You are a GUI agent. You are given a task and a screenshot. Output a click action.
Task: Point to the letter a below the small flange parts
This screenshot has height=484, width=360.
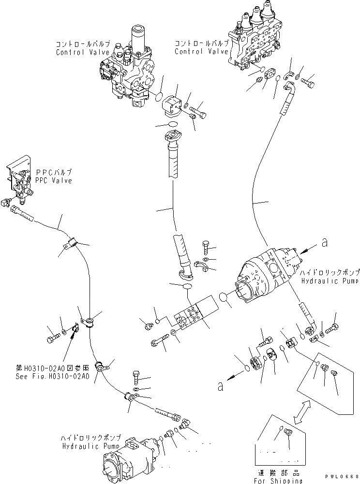[x=221, y=386]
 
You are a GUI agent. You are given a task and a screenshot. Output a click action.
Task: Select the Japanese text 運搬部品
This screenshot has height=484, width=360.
[x=280, y=472]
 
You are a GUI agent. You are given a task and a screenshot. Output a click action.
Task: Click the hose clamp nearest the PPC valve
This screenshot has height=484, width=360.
[x=71, y=244]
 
